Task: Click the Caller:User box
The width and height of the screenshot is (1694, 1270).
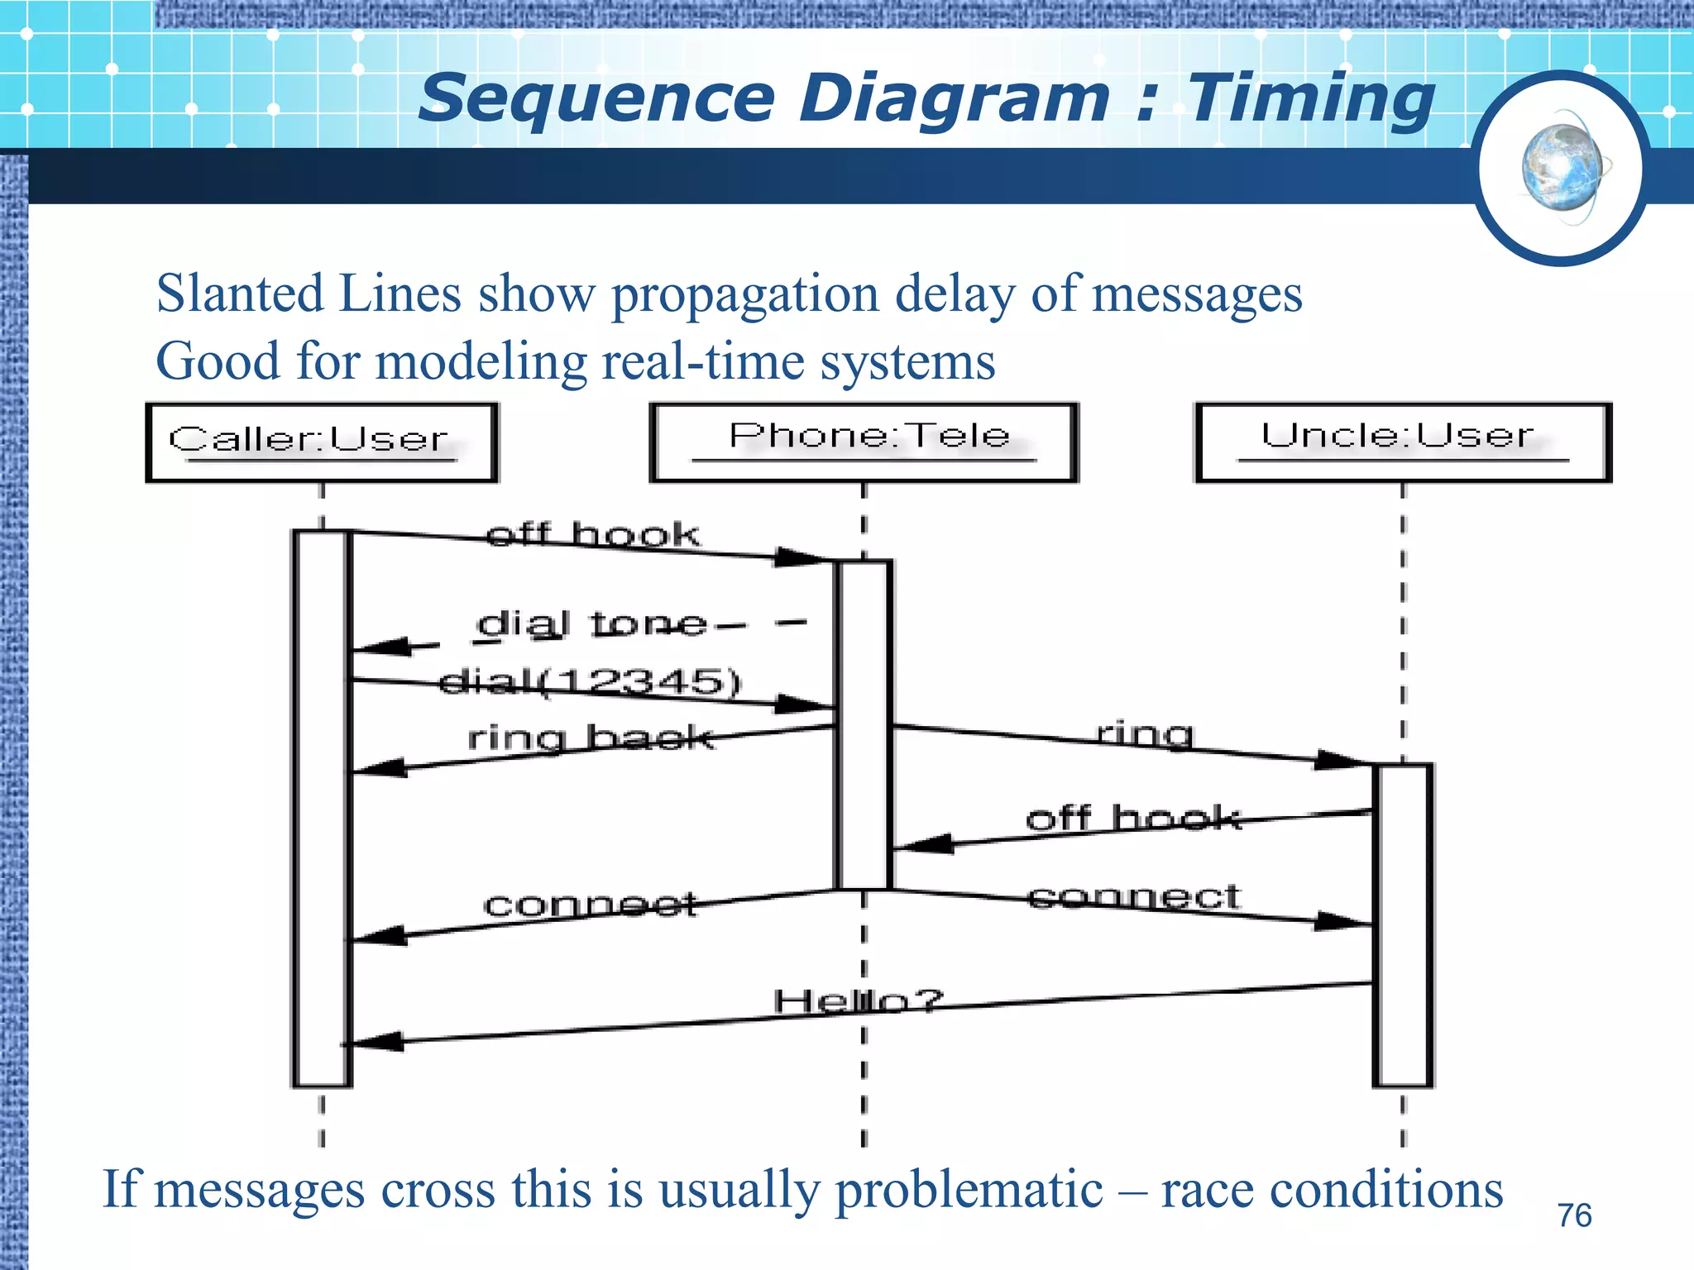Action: (322, 442)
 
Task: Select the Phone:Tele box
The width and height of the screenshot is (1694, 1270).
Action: (864, 442)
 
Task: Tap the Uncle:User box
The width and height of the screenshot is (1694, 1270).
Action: (1403, 442)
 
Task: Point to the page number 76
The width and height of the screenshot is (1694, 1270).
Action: (1574, 1215)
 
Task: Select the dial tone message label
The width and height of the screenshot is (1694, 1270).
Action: (592, 624)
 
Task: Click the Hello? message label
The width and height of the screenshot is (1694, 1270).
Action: (858, 1001)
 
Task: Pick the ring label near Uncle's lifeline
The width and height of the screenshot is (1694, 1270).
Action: (1146, 733)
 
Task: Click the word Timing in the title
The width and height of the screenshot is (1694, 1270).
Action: (1311, 99)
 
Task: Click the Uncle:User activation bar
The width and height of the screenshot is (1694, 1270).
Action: (1403, 926)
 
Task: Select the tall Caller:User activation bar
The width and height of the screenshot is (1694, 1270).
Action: (322, 810)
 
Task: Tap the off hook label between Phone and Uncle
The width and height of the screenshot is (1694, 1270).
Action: (1133, 819)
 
